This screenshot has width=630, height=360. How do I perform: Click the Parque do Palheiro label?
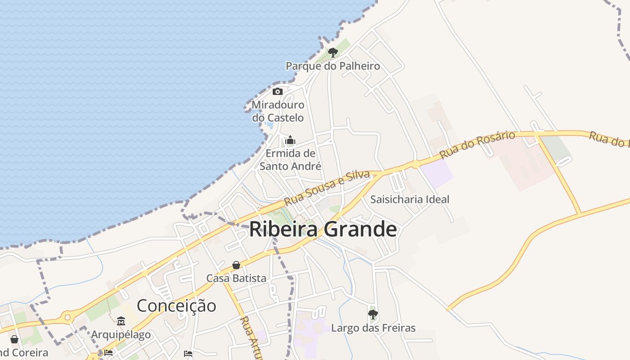click(x=333, y=66)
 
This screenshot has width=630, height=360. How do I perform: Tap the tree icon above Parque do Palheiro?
click(x=333, y=53)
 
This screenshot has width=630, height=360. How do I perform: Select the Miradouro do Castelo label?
click(x=278, y=111)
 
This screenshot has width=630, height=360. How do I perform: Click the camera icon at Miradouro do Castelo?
click(x=278, y=92)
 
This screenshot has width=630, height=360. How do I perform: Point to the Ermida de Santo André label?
click(x=290, y=160)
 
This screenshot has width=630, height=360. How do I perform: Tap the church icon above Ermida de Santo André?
click(x=290, y=140)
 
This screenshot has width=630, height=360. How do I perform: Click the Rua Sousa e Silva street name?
click(x=327, y=188)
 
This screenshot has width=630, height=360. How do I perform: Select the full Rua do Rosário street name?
click(x=477, y=144)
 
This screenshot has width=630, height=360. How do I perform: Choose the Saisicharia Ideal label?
click(x=409, y=199)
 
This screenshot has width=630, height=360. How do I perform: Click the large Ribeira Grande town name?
click(x=323, y=229)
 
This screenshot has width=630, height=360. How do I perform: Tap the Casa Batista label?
click(x=236, y=279)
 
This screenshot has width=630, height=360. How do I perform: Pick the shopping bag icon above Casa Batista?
click(x=236, y=265)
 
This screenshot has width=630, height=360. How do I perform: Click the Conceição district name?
click(x=176, y=306)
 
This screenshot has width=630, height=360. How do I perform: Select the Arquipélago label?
click(x=121, y=335)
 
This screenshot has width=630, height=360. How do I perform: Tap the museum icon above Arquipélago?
click(x=121, y=321)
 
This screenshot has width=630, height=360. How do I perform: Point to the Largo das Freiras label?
click(x=373, y=328)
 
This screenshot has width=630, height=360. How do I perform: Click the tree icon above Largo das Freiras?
click(x=373, y=314)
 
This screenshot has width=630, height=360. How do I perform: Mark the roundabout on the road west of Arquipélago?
click(x=67, y=318)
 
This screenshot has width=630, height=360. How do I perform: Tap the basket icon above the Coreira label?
click(x=14, y=339)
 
